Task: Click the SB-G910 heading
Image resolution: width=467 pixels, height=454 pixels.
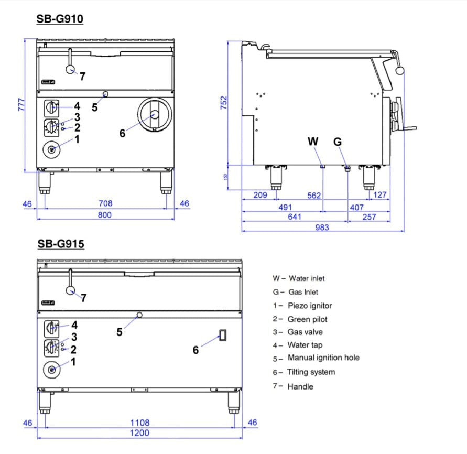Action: pyautogui.click(x=59, y=19)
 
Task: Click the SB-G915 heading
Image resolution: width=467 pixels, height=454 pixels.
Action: pyautogui.click(x=61, y=244)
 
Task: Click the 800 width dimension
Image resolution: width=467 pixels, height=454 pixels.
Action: pyautogui.click(x=105, y=215)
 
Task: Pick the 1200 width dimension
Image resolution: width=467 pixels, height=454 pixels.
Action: pyautogui.click(x=139, y=433)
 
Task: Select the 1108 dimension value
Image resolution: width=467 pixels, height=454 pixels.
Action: pyautogui.click(x=139, y=422)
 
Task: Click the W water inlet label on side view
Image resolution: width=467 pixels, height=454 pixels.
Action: pyautogui.click(x=313, y=141)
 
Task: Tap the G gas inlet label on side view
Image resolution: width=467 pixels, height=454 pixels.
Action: pyautogui.click(x=338, y=141)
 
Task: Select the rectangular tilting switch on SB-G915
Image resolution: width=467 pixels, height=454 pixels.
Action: pyautogui.click(x=222, y=335)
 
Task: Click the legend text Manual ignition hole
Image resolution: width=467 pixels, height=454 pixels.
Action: pyautogui.click(x=323, y=358)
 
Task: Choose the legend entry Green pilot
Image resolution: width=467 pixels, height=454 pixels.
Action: pyautogui.click(x=307, y=319)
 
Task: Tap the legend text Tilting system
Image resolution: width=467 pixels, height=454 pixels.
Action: pyautogui.click(x=311, y=372)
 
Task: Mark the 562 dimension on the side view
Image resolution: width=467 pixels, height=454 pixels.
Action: pyautogui.click(x=313, y=195)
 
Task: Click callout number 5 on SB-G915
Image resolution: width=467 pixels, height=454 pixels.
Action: pyautogui.click(x=120, y=332)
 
